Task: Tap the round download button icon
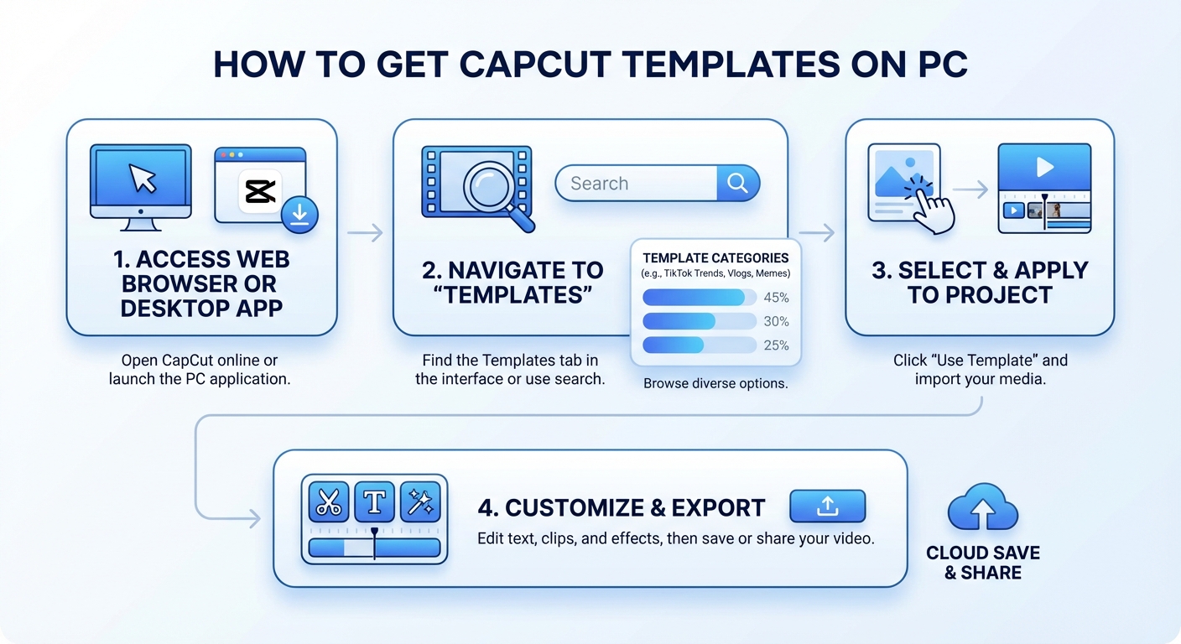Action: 299,216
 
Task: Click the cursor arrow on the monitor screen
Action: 142,177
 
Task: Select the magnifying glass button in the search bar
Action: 737,184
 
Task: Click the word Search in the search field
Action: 599,184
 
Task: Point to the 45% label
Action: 776,298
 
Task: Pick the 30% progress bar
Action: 699,321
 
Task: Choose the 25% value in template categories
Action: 776,345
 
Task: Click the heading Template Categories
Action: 715,258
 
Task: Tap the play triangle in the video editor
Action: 1044,167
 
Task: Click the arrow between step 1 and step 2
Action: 365,232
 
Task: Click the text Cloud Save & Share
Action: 983,563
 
